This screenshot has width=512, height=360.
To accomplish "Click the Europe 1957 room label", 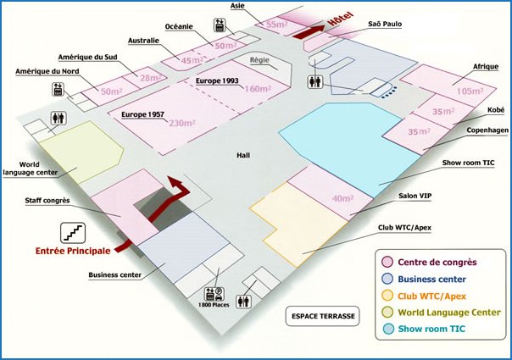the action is (x=142, y=114).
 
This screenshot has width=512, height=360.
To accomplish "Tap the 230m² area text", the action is (x=182, y=123).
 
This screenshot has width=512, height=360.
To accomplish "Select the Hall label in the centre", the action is (x=243, y=155).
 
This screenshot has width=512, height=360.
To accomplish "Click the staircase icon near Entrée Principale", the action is (x=73, y=233).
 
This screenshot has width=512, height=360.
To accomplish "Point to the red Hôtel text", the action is (x=341, y=19).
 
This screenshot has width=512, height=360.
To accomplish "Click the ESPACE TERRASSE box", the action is (x=323, y=316).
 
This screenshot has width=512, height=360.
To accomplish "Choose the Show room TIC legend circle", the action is (x=388, y=329).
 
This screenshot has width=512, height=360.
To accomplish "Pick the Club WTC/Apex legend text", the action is (x=431, y=296).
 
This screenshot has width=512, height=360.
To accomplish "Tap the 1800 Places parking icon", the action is (x=214, y=295).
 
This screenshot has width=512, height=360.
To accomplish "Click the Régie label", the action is (x=259, y=60).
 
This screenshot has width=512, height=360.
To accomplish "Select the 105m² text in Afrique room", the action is (x=470, y=91).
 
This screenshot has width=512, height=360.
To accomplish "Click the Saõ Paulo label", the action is (x=385, y=25).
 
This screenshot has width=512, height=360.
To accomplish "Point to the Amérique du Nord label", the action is (x=47, y=71).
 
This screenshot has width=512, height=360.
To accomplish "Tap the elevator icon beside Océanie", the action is (x=220, y=25).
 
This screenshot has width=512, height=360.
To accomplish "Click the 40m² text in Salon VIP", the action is (x=342, y=198).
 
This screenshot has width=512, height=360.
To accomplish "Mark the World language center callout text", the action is (x=30, y=169).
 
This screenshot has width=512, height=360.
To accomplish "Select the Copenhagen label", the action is (x=487, y=130).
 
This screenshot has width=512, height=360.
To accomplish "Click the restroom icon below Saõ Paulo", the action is (x=315, y=81).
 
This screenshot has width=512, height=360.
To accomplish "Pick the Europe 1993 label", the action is (x=217, y=80).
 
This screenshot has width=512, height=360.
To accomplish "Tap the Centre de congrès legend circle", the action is (x=387, y=262).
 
